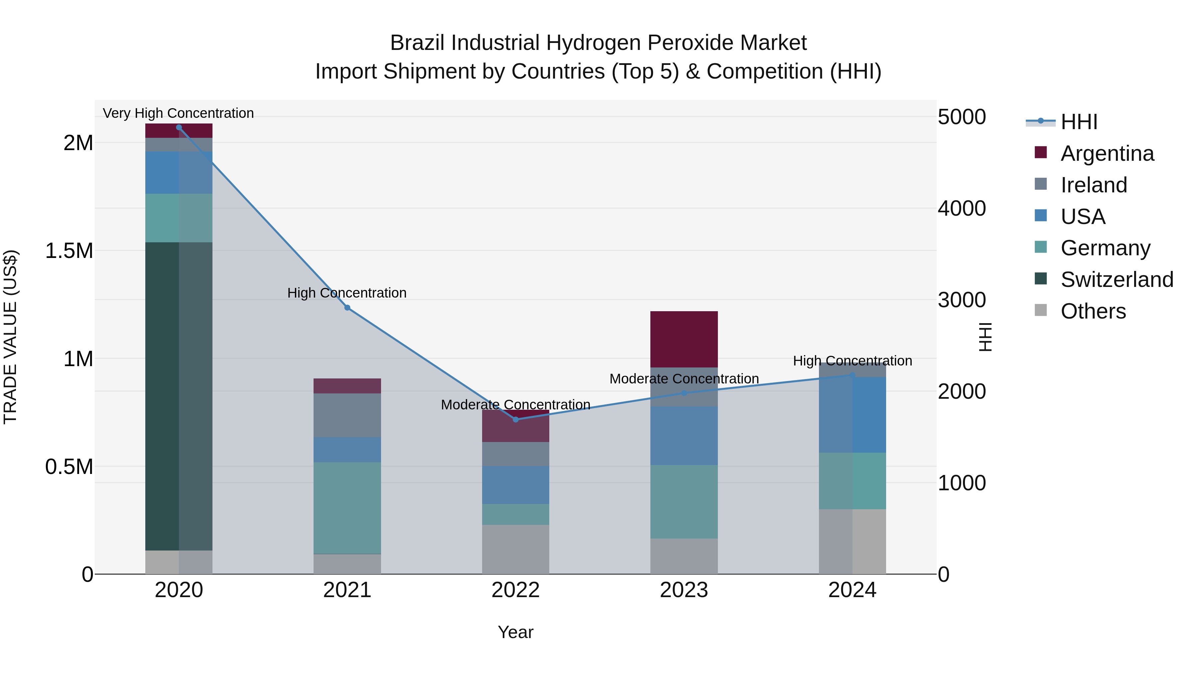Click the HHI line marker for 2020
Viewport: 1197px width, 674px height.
pos(179,127)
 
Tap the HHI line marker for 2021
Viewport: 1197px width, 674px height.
pos(347,308)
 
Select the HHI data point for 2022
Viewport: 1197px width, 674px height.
pos(515,420)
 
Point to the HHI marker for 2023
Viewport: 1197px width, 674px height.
pos(684,393)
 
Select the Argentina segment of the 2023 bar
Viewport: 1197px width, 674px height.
pos(684,339)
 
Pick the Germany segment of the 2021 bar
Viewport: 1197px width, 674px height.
pos(347,508)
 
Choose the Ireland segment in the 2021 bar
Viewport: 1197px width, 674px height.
pos(347,415)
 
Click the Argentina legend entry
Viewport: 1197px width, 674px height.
pos(1107,153)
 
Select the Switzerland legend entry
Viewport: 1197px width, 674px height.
pos(1117,280)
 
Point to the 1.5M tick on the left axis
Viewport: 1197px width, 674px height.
pos(69,251)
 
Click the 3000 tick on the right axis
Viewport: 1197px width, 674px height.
pos(961,300)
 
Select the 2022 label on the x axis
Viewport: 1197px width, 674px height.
pos(515,590)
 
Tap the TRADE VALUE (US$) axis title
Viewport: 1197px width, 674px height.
pos(10,337)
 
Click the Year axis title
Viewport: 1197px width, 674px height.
pos(515,632)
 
